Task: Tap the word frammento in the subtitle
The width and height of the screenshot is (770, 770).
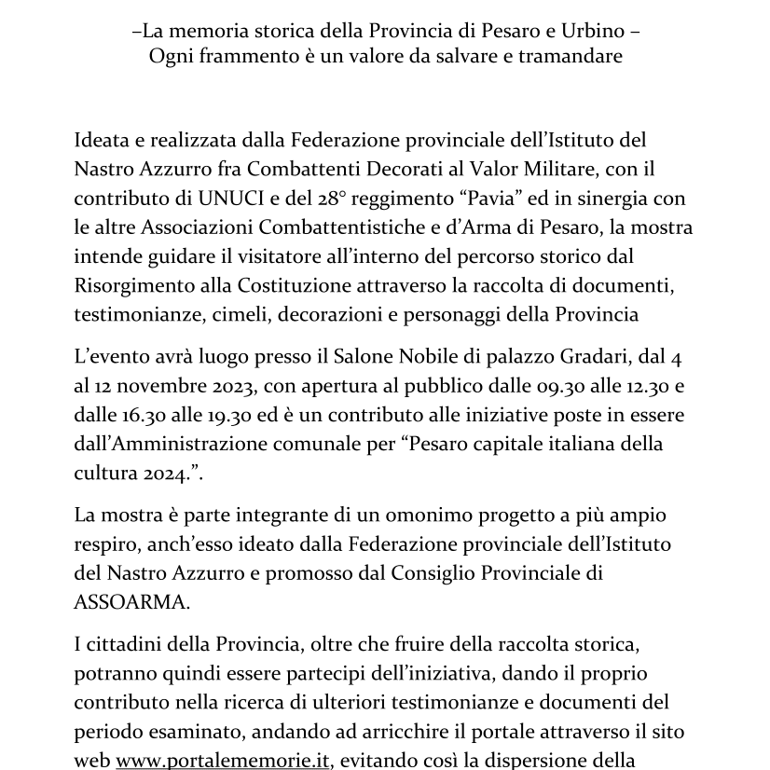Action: pyautogui.click(x=242, y=56)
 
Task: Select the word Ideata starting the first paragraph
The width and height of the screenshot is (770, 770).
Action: pyautogui.click(x=102, y=140)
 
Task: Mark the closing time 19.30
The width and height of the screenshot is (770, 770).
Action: pyautogui.click(x=292, y=416)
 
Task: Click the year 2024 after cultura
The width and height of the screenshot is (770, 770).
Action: pyautogui.click(x=158, y=474)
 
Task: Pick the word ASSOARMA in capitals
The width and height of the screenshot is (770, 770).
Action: pyautogui.click(x=130, y=601)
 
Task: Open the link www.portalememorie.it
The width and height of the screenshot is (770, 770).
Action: pyautogui.click(x=223, y=760)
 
